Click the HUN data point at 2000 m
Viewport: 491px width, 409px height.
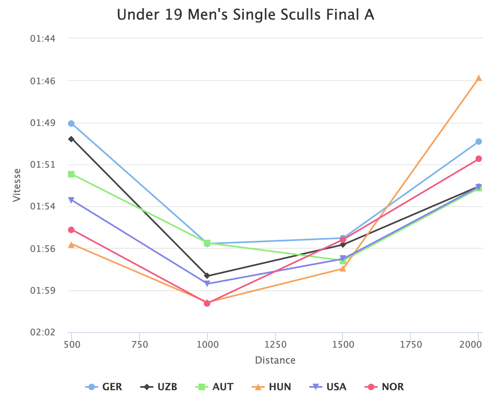tap(478, 78)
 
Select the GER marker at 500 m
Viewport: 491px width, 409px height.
tap(71, 124)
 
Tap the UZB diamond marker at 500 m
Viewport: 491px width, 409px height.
tap(71, 139)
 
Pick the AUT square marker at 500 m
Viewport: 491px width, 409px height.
tap(71, 174)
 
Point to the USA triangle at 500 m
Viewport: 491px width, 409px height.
tap(71, 200)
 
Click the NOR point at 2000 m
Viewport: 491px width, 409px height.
tap(478, 159)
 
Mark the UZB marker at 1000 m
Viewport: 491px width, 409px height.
tap(207, 276)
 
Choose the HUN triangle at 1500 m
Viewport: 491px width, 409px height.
tap(343, 268)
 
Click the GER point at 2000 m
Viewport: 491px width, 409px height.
tap(478, 142)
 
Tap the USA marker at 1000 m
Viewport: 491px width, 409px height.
tap(207, 283)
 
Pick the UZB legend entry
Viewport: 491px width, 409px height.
tap(160, 387)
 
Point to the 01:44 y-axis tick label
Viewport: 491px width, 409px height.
tap(43, 39)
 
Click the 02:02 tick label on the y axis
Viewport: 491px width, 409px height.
tap(43, 333)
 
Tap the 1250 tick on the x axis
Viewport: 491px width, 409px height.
tap(275, 345)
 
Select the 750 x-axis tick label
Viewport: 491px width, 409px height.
tap(140, 345)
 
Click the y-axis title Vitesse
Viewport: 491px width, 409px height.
tap(17, 185)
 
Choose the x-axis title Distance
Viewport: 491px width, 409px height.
tap(275, 360)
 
